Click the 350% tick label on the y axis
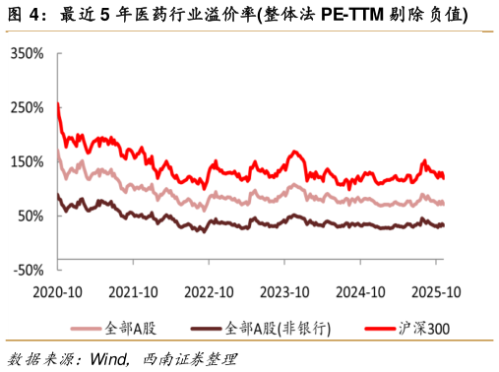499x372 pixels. tap(27, 53)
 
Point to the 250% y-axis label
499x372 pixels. tap(27, 107)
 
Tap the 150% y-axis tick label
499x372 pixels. tap(27, 161)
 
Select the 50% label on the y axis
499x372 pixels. tap(31, 216)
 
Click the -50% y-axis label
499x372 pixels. tap(29, 270)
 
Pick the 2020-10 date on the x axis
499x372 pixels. tap(57, 292)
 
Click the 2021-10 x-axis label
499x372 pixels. tap(133, 292)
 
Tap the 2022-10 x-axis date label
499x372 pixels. tap(209, 292)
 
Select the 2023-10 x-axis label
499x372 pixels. tap(284, 292)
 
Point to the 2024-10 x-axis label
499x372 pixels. tap(360, 292)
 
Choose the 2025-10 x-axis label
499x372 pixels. tap(436, 292)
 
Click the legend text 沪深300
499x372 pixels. tap(424, 329)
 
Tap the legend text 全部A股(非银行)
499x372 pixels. tap(278, 329)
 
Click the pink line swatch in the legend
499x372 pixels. tap(86, 329)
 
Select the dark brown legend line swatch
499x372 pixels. tap(206, 329)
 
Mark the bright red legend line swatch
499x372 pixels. tap(380, 329)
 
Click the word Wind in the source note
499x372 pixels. tap(108, 359)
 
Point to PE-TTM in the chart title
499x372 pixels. tap(352, 15)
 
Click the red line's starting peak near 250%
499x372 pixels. tap(58, 103)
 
